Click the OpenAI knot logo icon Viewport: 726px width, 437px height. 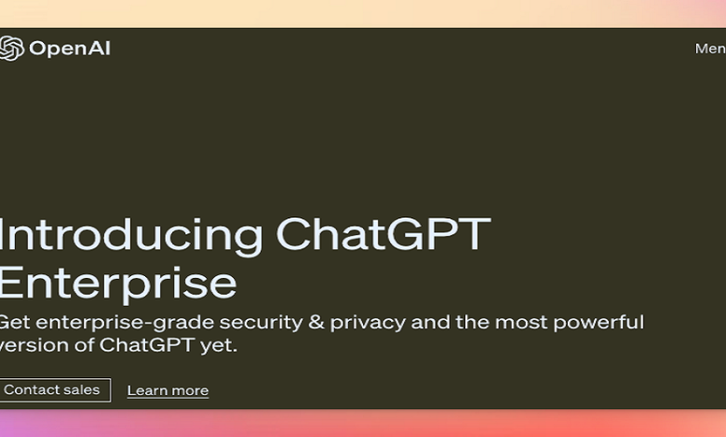(x=11, y=48)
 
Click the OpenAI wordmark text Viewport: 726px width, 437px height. (x=70, y=48)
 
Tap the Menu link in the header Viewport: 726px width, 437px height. (x=710, y=48)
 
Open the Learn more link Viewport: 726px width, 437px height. (x=168, y=391)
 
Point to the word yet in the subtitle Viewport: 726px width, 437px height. (x=222, y=347)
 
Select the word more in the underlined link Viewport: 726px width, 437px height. (x=190, y=391)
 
